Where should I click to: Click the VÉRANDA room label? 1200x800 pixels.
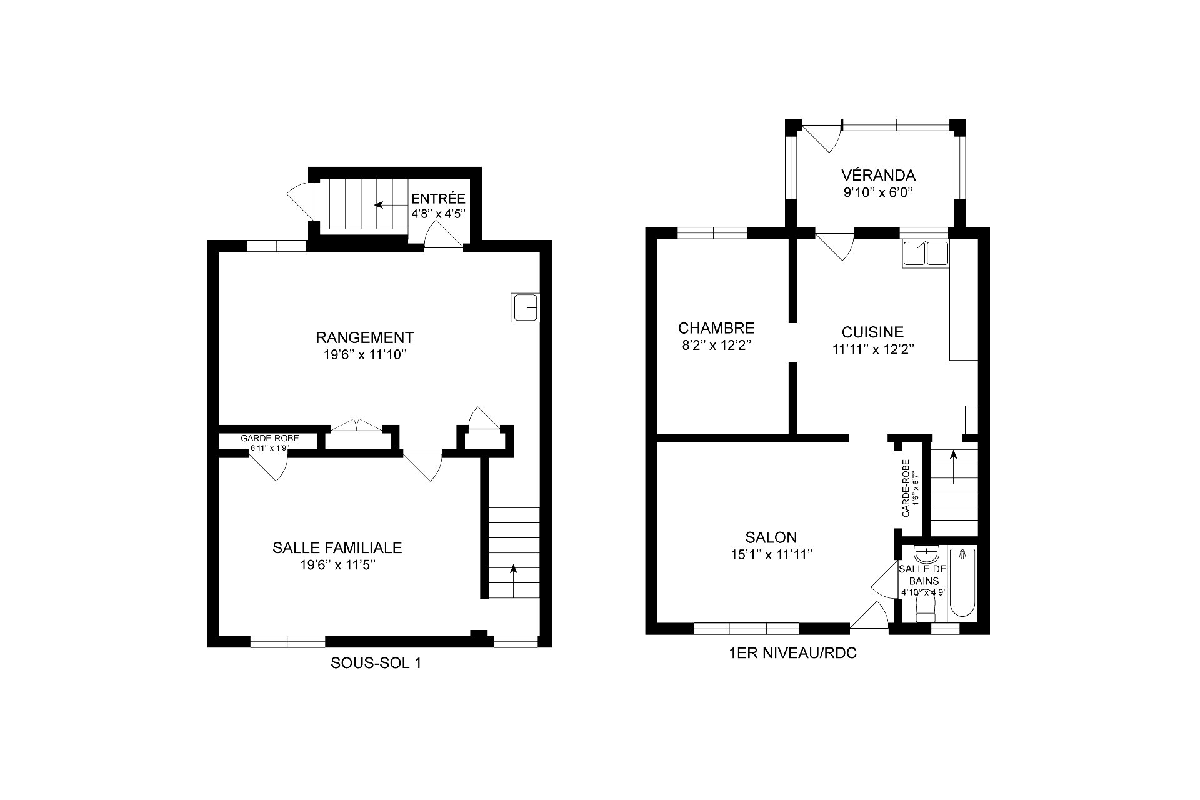878,175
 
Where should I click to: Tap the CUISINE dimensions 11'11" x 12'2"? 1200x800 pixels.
873,350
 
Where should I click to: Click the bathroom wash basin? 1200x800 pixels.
926,554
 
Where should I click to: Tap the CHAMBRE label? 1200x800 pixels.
716,328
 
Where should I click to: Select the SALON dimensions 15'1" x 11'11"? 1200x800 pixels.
771,554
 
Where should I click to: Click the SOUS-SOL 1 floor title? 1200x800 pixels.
376,664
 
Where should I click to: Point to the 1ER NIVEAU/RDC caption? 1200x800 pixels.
792,654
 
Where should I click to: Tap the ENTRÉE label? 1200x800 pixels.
438,199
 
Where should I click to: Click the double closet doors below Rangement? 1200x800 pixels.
356,426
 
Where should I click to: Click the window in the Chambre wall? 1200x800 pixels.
712,233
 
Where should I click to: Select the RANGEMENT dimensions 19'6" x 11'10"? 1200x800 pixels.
364,355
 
